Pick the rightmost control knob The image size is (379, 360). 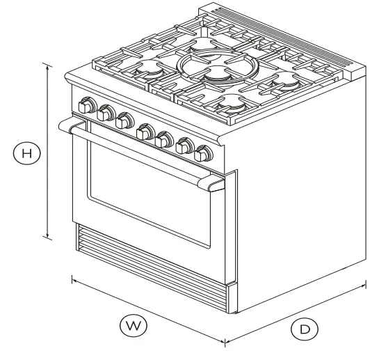204,152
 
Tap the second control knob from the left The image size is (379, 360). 106,113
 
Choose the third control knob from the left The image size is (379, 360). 124,120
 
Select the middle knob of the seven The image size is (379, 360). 146,130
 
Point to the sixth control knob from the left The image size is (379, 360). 186,146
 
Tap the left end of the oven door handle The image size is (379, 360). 70,125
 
